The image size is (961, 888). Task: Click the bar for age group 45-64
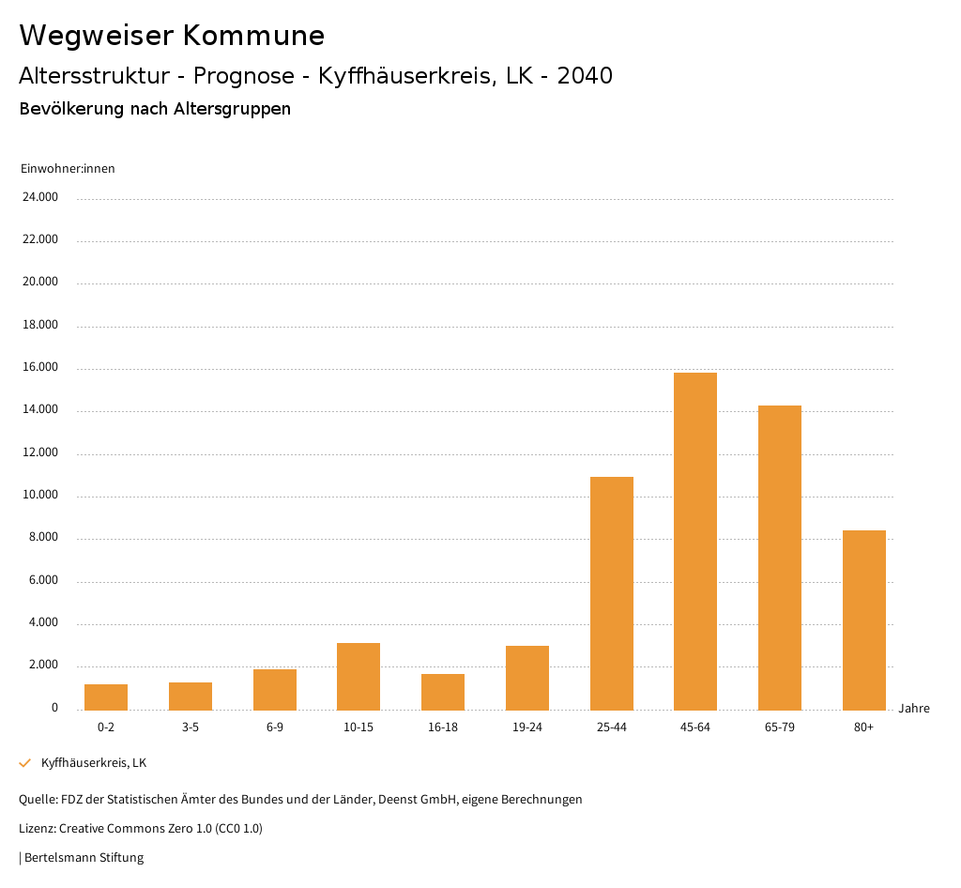pos(695,541)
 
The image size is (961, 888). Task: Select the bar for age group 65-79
pos(780,558)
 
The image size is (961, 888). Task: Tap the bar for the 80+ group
pos(864,620)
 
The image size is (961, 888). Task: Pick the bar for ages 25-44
pos(612,593)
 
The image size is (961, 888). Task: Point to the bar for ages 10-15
pos(358,676)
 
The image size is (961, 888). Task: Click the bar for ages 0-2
pos(106,697)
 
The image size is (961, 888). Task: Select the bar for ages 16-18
pos(443,692)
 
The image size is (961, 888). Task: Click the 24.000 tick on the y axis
pos(41,197)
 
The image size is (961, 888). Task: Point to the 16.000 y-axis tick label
pos(41,368)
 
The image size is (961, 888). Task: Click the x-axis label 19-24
pos(527,727)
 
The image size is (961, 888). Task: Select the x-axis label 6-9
pos(275,727)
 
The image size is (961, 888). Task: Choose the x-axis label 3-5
pos(191,727)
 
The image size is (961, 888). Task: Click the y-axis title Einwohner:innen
pos(68,169)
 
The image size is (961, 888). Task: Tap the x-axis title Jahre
pos(914,709)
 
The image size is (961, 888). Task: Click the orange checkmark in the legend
pos(25,763)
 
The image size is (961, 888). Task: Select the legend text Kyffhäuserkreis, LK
pos(94,763)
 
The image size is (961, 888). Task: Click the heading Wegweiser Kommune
pos(172,36)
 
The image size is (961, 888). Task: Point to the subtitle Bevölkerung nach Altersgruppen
pos(155,109)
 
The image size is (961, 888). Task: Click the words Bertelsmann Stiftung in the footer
pos(84,858)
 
